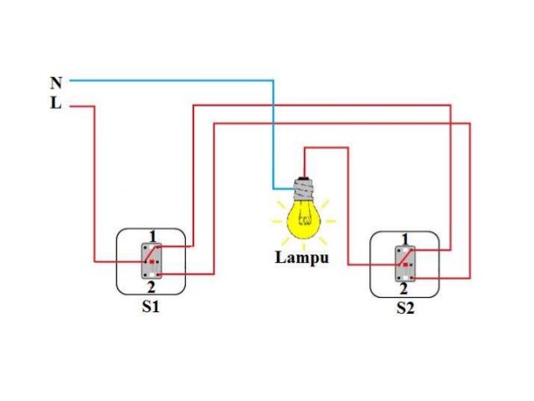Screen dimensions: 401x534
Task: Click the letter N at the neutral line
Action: [x=56, y=82]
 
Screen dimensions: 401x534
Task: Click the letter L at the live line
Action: [x=56, y=105]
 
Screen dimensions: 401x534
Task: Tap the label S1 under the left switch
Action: [x=151, y=306]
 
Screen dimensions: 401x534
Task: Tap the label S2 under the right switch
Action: [x=405, y=308]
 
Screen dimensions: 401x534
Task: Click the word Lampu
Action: [x=302, y=257]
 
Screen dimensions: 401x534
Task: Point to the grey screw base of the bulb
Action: [x=302, y=189]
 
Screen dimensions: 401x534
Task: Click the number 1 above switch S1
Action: [x=152, y=234]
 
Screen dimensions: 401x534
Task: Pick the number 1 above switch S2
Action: [x=405, y=239]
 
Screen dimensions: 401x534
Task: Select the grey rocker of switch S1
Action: [x=151, y=261]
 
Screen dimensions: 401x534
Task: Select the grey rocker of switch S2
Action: [x=404, y=264]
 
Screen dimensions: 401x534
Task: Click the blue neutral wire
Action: [x=167, y=81]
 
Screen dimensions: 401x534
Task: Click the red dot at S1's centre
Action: [x=151, y=262]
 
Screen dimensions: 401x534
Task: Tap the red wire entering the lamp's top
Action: [x=304, y=159]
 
